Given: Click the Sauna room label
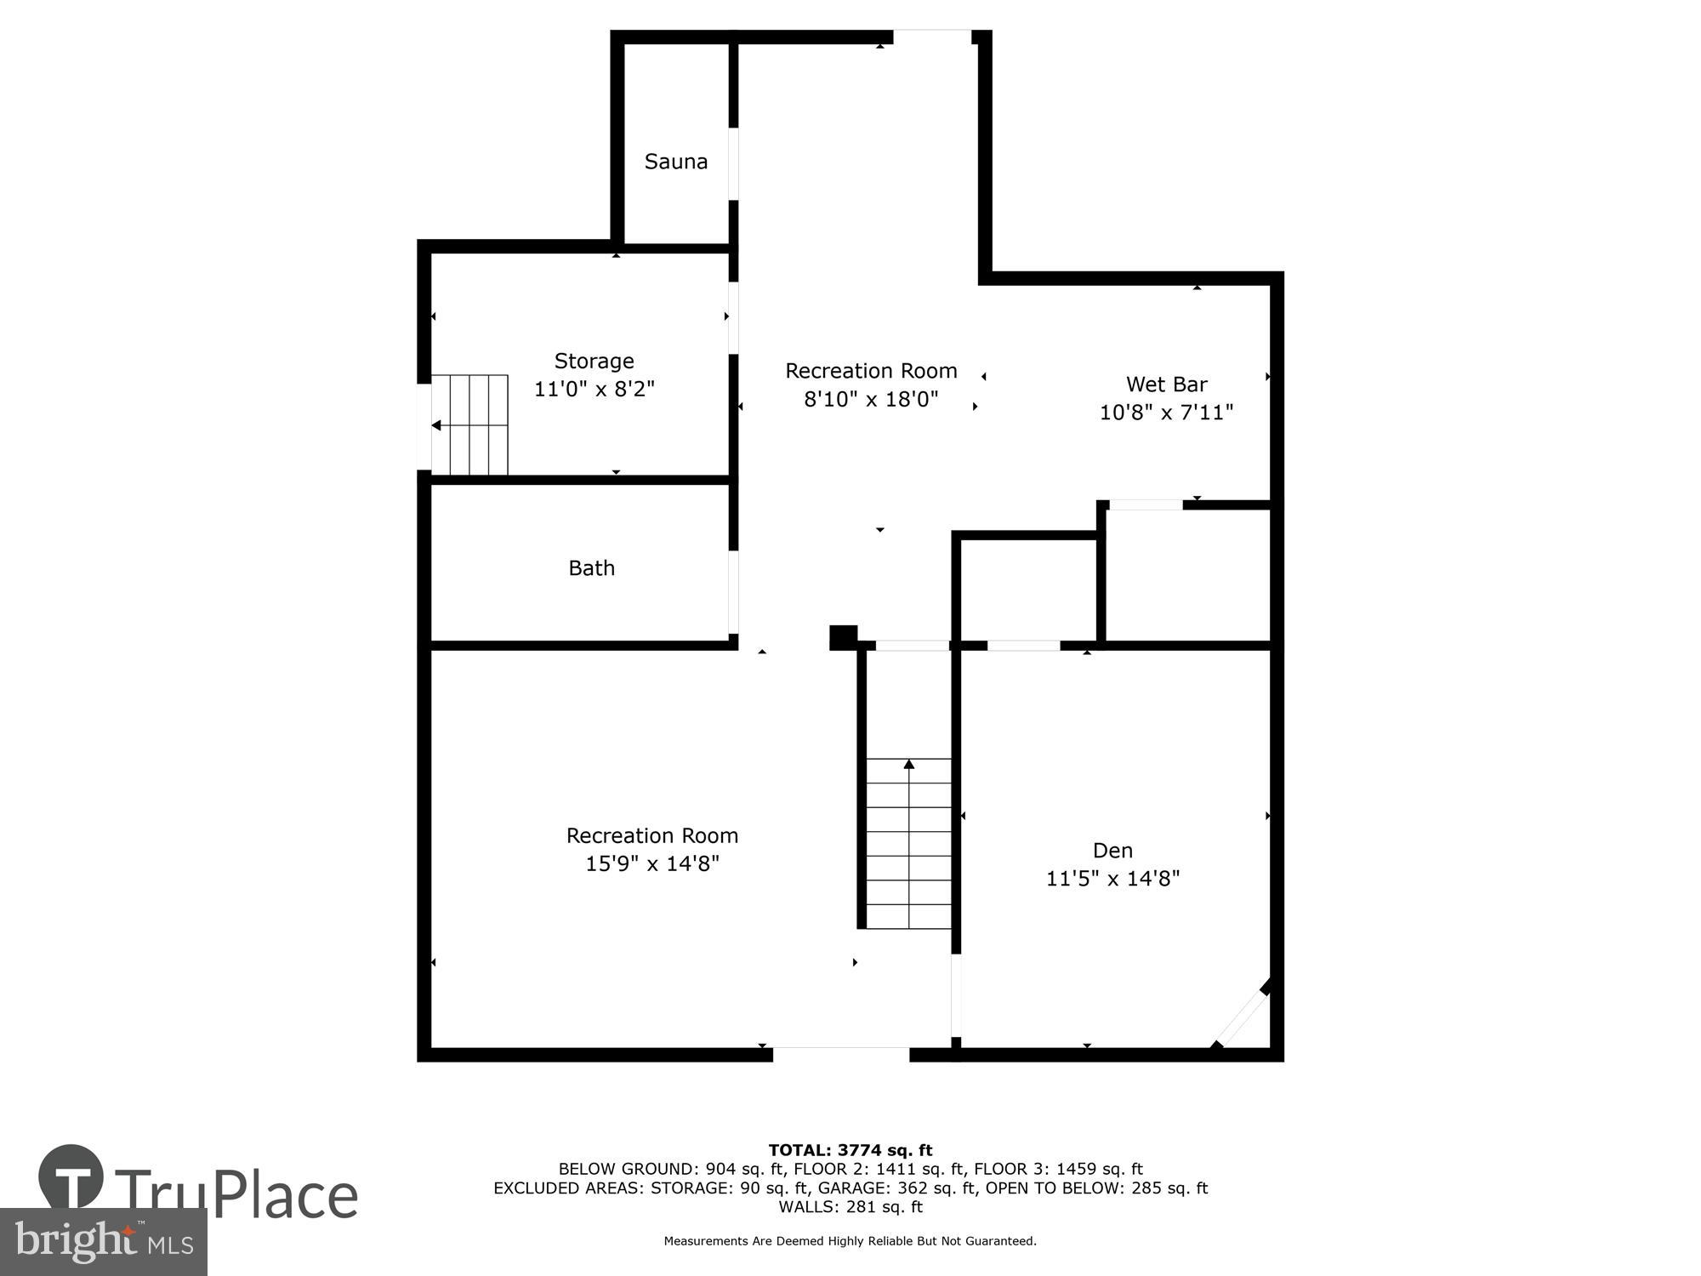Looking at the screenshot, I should click(x=675, y=162).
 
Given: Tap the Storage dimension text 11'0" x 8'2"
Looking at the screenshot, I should click(x=594, y=390).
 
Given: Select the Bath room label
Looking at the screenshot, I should click(x=591, y=568).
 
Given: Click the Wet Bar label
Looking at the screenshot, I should click(x=1166, y=385).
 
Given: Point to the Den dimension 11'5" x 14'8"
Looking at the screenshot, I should click(x=1112, y=879).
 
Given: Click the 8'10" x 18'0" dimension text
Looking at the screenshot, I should click(x=871, y=399).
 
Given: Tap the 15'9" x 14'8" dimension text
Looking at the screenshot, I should click(x=652, y=864).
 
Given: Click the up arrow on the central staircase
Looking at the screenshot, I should click(x=909, y=765).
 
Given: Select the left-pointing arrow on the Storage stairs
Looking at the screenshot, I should click(x=436, y=425).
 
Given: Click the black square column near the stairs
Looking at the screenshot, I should click(x=843, y=637).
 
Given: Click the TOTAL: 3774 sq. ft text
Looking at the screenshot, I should click(x=850, y=1151).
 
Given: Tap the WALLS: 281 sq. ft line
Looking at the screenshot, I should click(x=850, y=1207).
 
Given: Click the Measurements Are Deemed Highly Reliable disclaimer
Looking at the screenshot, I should click(x=850, y=1241).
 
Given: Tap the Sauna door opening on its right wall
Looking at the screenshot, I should click(x=733, y=164).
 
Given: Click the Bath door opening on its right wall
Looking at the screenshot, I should click(x=733, y=592).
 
